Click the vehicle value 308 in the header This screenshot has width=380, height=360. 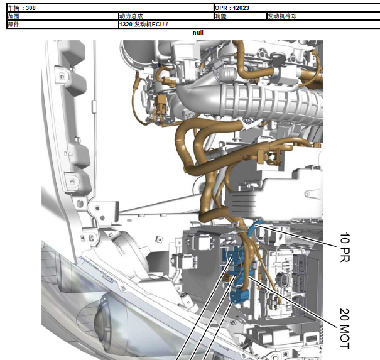point(31,8)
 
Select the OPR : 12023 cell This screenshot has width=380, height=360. point(232,8)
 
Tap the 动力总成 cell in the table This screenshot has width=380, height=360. point(131,16)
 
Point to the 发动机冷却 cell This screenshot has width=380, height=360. point(282,16)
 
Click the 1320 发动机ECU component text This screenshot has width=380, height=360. point(143,25)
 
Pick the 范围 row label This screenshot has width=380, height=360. point(13,16)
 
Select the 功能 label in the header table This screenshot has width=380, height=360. point(220,16)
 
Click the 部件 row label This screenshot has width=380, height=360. point(13,25)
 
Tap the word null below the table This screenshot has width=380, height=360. point(198,33)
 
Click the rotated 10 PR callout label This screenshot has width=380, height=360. point(345,248)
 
